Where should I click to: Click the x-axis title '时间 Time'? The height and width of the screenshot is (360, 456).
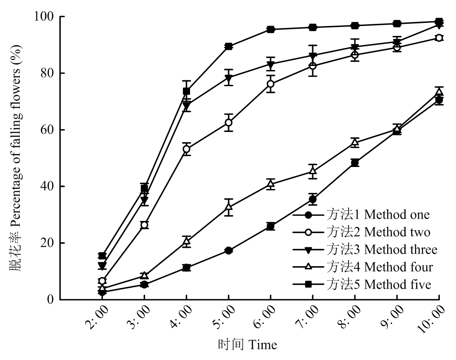tap(248, 345)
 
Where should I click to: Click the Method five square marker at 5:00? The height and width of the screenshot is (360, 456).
tap(229, 46)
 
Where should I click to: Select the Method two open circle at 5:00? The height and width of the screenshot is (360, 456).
tap(229, 123)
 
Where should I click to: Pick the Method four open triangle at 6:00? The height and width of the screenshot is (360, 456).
tap(270, 184)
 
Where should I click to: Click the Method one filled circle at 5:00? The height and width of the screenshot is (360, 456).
tap(229, 250)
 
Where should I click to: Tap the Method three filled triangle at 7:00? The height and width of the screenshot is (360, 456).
tap(313, 56)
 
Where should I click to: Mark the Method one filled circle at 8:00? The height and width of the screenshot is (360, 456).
tap(355, 162)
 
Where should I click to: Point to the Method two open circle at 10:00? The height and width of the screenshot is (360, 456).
tap(439, 38)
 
